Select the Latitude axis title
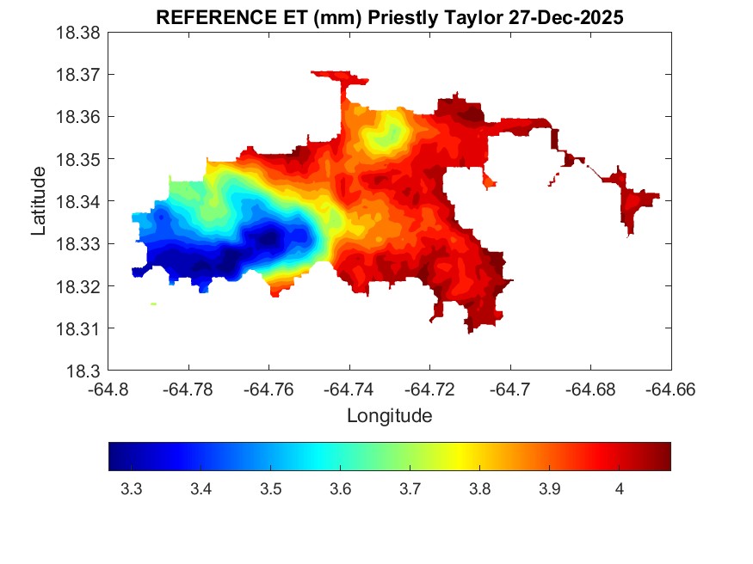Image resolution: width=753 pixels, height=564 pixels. tap(39, 202)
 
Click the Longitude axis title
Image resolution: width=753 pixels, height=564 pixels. tap(389, 416)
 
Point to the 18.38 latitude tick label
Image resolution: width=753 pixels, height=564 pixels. tap(79, 33)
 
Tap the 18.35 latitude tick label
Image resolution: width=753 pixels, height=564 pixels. tap(79, 160)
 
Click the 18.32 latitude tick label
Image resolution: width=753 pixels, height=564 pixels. tap(79, 286)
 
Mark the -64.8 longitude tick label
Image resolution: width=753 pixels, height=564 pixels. tap(109, 389)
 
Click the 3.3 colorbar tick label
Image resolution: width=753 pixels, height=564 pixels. tap(131, 489)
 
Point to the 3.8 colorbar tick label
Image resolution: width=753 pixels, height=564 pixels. tap(479, 489)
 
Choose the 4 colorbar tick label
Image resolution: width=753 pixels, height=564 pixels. tap(619, 489)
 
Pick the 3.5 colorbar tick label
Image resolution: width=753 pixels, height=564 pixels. tap(270, 489)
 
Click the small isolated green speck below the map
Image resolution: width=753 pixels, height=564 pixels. tap(153, 303)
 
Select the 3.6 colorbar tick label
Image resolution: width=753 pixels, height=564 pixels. tap(340, 489)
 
